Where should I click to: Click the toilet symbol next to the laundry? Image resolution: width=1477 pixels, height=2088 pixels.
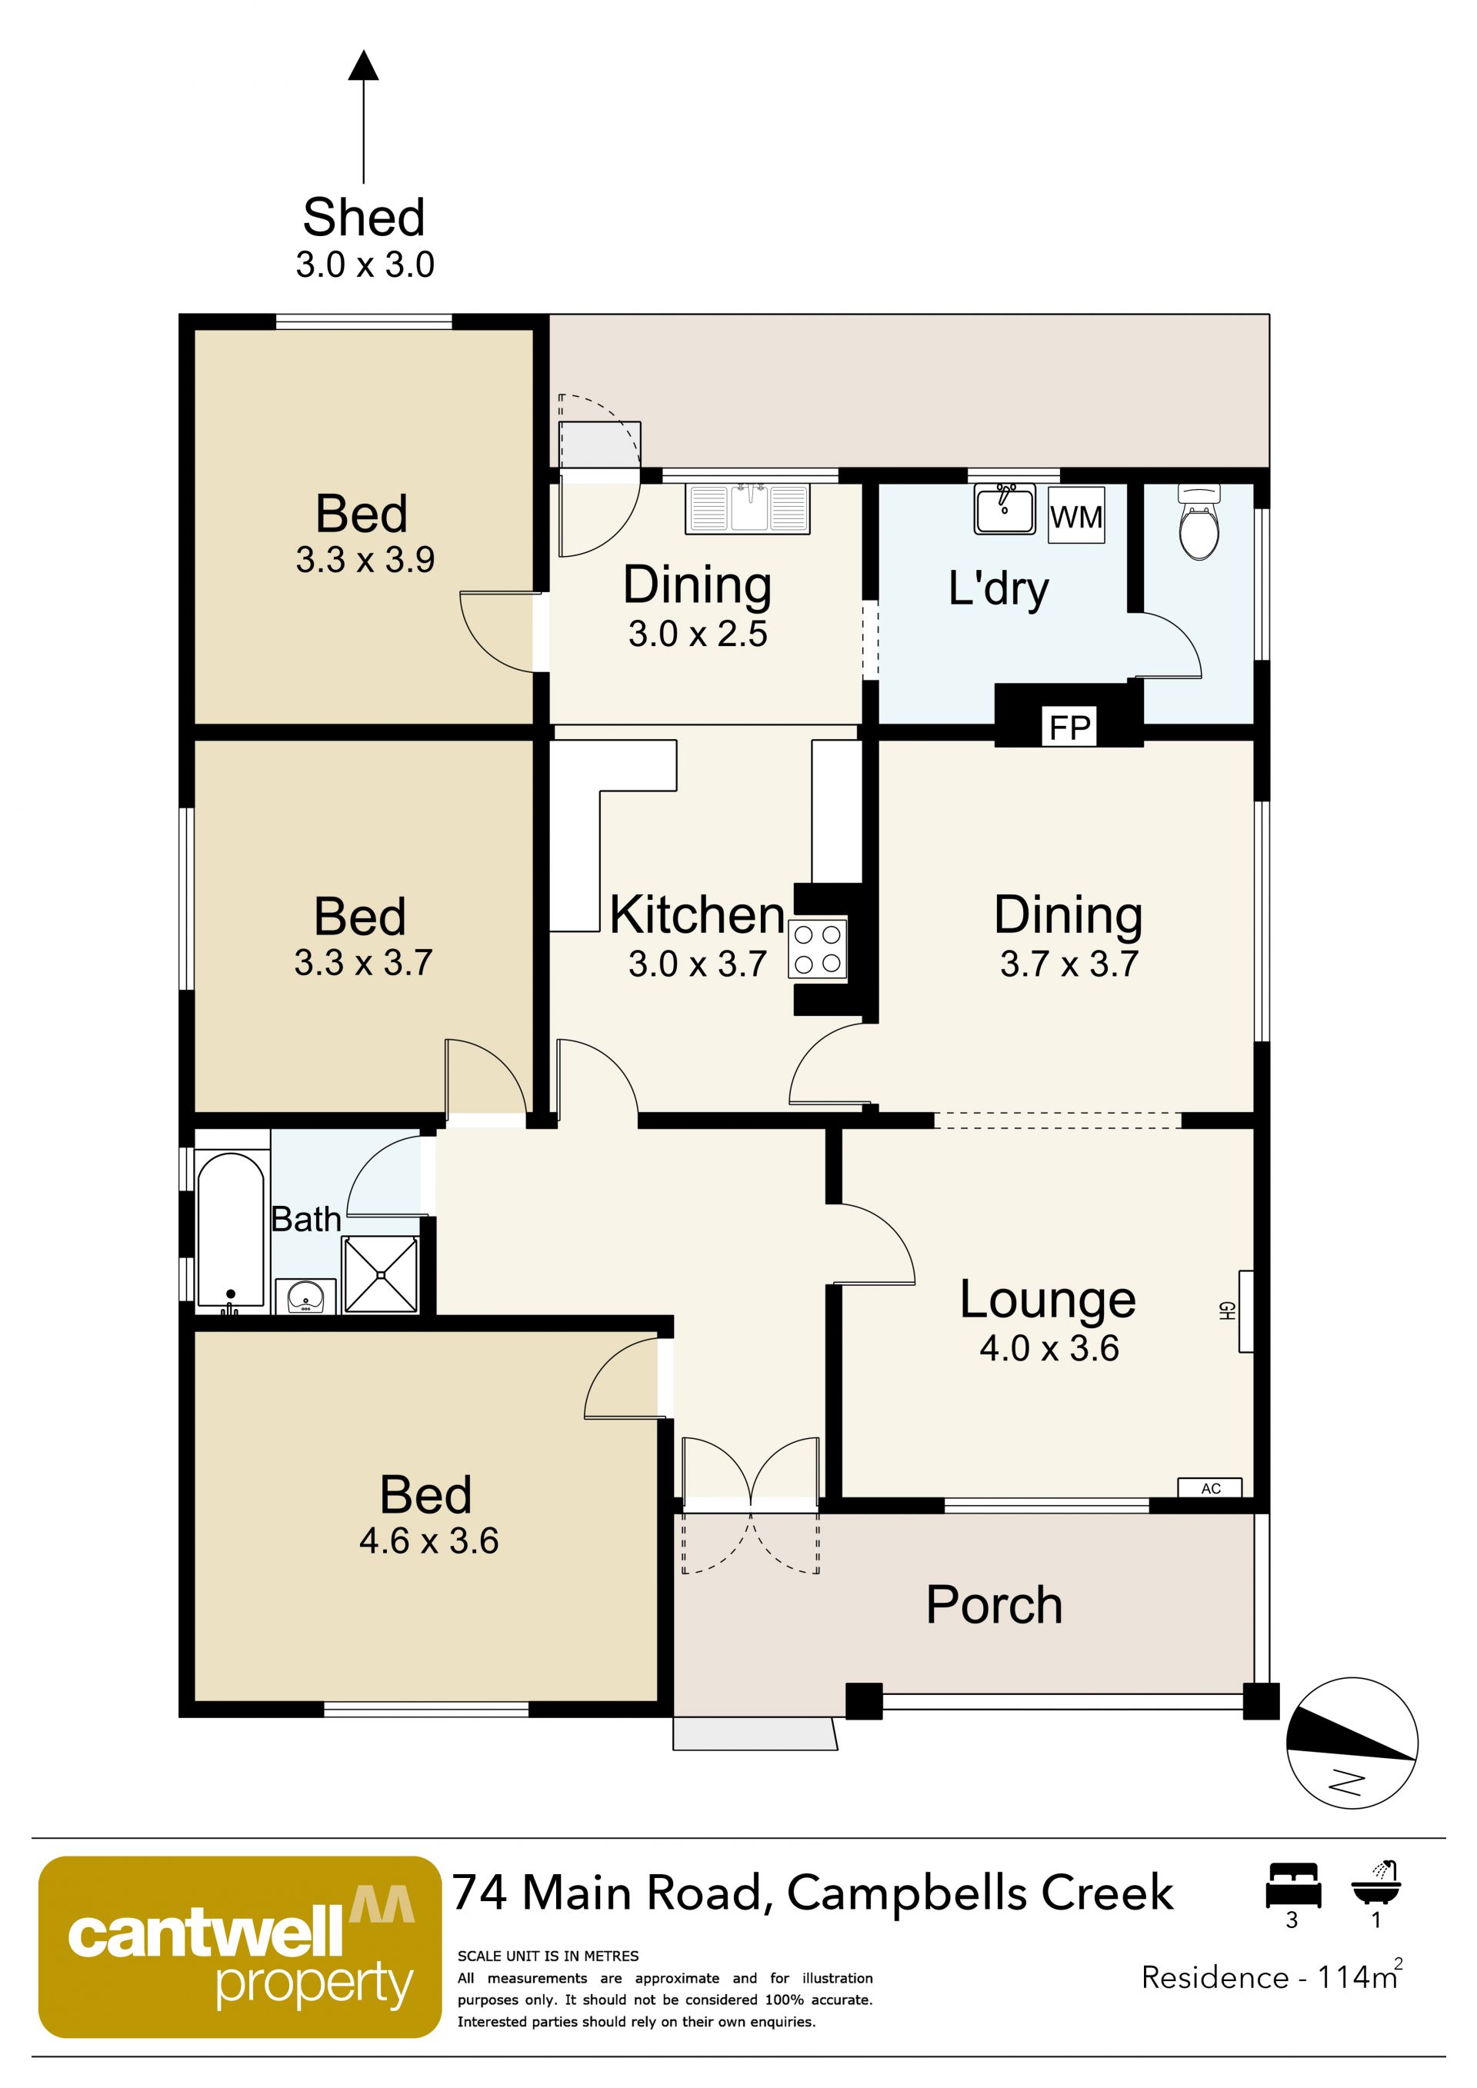pyautogui.click(x=1199, y=522)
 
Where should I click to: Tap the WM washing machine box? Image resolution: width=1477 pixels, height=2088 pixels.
pyautogui.click(x=1076, y=515)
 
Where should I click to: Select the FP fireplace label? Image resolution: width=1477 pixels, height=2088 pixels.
pyautogui.click(x=1069, y=728)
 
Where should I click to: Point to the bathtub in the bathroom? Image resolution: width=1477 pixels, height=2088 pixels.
pyautogui.click(x=231, y=1231)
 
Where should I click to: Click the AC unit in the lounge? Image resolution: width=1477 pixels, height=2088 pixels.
pyautogui.click(x=1209, y=1488)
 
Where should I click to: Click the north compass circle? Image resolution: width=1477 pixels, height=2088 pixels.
pyautogui.click(x=1352, y=1743)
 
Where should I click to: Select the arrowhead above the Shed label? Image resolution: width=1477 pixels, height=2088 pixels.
pyautogui.click(x=364, y=65)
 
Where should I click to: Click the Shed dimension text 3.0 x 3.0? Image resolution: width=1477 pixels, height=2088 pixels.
pyautogui.click(x=365, y=265)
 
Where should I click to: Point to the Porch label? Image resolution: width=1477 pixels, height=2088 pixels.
pyautogui.click(x=994, y=1604)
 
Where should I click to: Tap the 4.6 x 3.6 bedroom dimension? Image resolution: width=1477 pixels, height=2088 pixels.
pyautogui.click(x=428, y=1540)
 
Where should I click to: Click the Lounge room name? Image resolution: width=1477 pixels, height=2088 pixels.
pyautogui.click(x=1048, y=1300)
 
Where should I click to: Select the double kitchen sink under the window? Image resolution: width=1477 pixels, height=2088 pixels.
pyautogui.click(x=748, y=508)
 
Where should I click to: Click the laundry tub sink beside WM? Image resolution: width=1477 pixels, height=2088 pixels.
pyautogui.click(x=1005, y=509)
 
